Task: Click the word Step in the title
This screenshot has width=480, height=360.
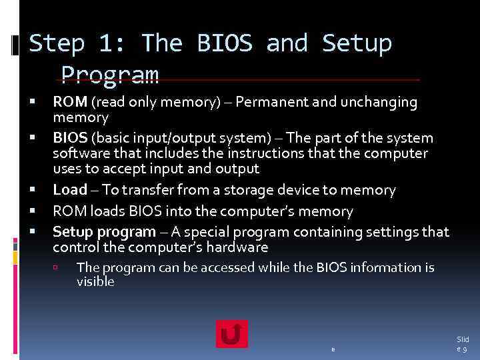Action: (x=57, y=44)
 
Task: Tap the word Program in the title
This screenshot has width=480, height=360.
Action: (x=110, y=75)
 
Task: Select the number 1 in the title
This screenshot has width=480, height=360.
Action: (x=107, y=44)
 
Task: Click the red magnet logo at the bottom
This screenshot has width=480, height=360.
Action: (x=231, y=333)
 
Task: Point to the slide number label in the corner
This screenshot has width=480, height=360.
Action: (x=463, y=345)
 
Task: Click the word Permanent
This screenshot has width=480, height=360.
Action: (x=268, y=103)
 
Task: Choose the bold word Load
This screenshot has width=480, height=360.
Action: (x=70, y=190)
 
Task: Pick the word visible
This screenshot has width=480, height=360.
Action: (x=95, y=282)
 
